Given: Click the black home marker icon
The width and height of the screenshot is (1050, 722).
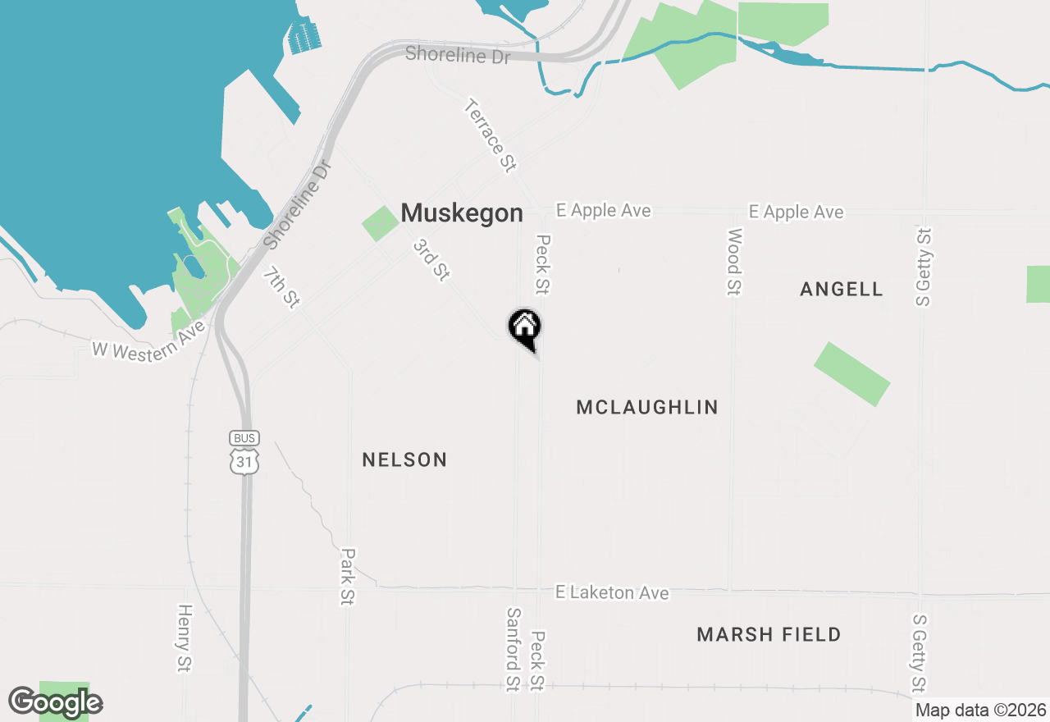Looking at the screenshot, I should (x=525, y=327).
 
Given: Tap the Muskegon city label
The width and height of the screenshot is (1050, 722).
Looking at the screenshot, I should (x=462, y=213).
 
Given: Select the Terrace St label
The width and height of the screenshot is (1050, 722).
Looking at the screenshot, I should (x=490, y=135).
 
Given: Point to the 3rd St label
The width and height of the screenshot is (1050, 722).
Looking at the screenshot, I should (x=431, y=260).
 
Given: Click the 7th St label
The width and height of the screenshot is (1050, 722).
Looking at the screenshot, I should (x=281, y=287).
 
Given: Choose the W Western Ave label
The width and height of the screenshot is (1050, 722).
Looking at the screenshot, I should (x=148, y=340).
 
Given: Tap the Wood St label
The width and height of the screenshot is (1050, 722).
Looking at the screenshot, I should (x=734, y=262).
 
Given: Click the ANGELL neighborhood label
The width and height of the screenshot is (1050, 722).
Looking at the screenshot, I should (x=842, y=289).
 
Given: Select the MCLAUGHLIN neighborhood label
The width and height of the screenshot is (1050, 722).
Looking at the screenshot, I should (x=647, y=407).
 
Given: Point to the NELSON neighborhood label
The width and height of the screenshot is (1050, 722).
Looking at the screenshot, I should (x=404, y=460).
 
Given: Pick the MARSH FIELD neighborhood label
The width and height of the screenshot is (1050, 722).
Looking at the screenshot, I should (x=769, y=634).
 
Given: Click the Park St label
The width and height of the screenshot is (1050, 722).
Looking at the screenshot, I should (x=348, y=577).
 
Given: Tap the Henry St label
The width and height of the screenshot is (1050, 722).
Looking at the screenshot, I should (x=184, y=639).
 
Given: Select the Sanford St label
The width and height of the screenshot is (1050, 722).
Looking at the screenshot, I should (x=514, y=649).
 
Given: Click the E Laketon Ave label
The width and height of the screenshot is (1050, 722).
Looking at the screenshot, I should (x=612, y=592).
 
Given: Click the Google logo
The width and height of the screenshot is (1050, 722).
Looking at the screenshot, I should (x=56, y=702).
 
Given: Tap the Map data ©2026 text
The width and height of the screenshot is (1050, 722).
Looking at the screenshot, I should (x=980, y=711).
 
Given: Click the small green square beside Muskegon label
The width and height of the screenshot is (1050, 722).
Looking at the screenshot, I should (x=379, y=224).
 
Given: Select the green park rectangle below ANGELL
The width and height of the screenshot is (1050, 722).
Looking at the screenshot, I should (x=851, y=374).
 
